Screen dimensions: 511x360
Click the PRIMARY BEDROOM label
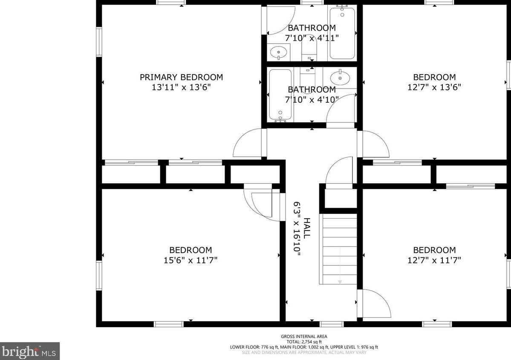click(181, 77)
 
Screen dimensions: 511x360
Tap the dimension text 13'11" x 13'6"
click(181, 87)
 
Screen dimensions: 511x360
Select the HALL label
click(307, 228)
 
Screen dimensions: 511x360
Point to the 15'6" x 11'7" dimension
click(191, 260)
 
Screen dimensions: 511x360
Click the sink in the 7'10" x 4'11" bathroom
click(279, 52)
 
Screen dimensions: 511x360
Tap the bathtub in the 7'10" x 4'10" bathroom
click(280, 95)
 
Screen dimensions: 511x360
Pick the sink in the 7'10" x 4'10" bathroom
click(340, 78)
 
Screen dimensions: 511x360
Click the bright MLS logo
click(30, 351)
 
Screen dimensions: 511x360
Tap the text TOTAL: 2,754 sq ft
click(304, 342)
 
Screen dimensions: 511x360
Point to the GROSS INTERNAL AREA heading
click(304, 337)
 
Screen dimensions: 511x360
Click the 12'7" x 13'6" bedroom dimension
click(434, 87)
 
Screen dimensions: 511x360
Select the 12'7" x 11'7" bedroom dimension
click(434, 260)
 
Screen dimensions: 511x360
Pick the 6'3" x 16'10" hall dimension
click(297, 228)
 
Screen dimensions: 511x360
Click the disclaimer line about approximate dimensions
click(304, 352)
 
